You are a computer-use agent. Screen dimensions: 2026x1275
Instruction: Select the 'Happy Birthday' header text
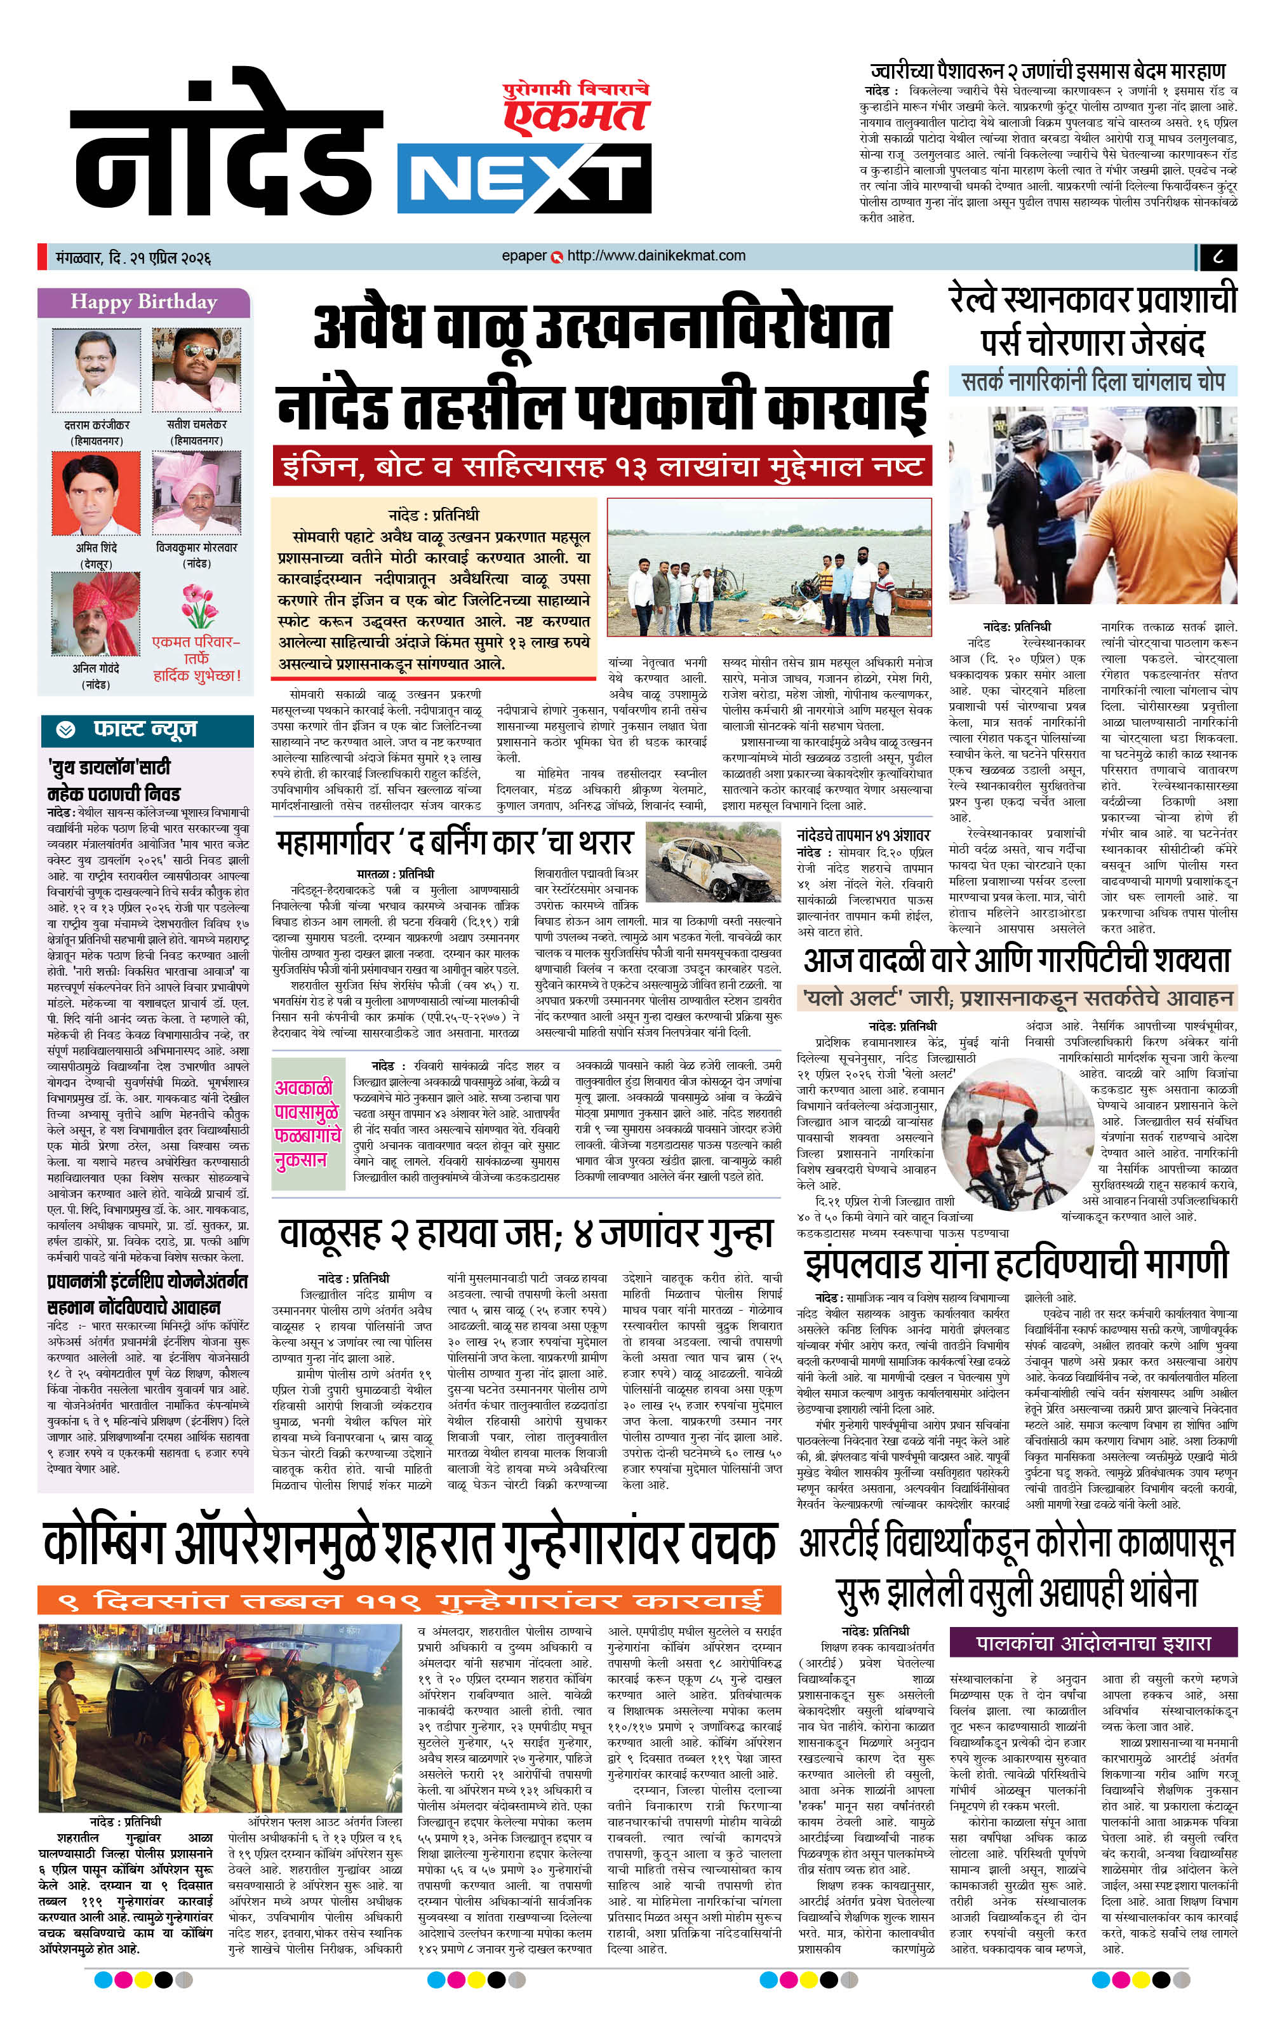click(x=143, y=302)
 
